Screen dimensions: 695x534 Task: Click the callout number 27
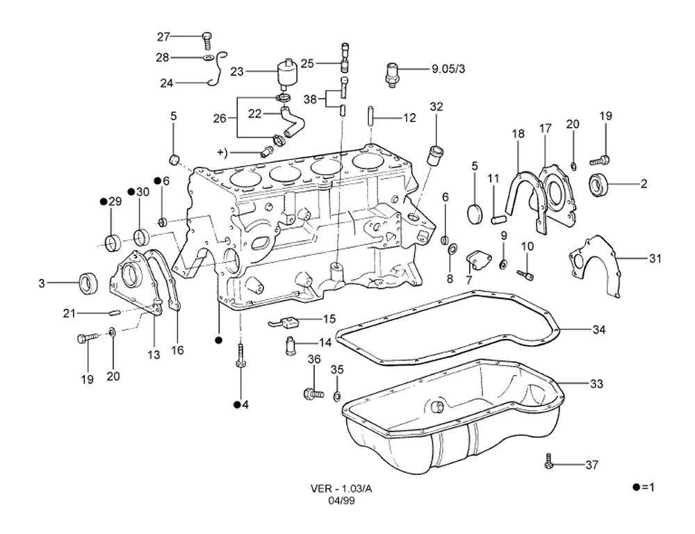163,36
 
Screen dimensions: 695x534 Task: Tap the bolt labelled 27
206,40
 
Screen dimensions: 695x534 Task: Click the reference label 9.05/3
448,69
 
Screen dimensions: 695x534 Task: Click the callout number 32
436,107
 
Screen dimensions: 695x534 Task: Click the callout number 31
655,258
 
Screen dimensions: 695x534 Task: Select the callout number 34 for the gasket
599,329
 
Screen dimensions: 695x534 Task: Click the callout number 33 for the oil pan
596,383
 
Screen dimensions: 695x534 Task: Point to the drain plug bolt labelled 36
313,393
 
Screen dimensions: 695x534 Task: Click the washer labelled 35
337,395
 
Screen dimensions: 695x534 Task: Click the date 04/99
341,501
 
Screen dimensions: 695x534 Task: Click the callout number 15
329,319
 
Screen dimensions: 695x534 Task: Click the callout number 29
115,201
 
